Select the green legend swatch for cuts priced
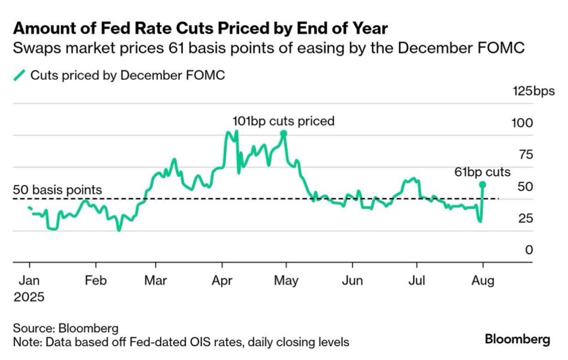tap(20, 75)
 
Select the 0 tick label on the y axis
tap(529, 250)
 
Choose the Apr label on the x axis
tap(222, 281)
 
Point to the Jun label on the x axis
tap(352, 281)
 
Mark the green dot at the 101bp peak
tap(283, 134)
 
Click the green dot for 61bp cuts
tap(483, 184)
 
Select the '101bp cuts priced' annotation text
tap(283, 121)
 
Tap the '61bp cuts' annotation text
tap(483, 172)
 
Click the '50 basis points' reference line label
tap(57, 190)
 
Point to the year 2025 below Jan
tap(28, 297)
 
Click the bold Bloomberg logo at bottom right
tap(518, 339)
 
